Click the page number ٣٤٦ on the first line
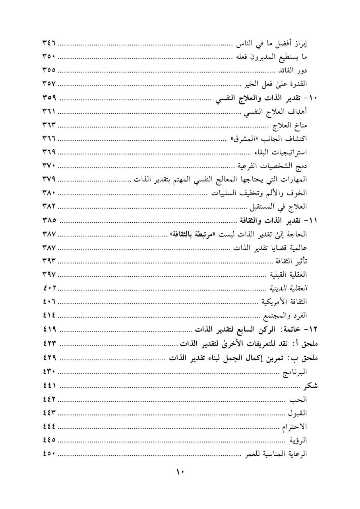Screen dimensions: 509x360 [49, 43]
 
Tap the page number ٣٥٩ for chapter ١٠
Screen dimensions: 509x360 [49, 97]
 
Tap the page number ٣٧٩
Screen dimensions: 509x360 [49, 179]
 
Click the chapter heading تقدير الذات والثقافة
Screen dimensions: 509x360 [270, 220]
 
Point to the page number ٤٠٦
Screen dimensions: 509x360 [49, 301]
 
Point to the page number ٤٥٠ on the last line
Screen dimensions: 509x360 [49, 454]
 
